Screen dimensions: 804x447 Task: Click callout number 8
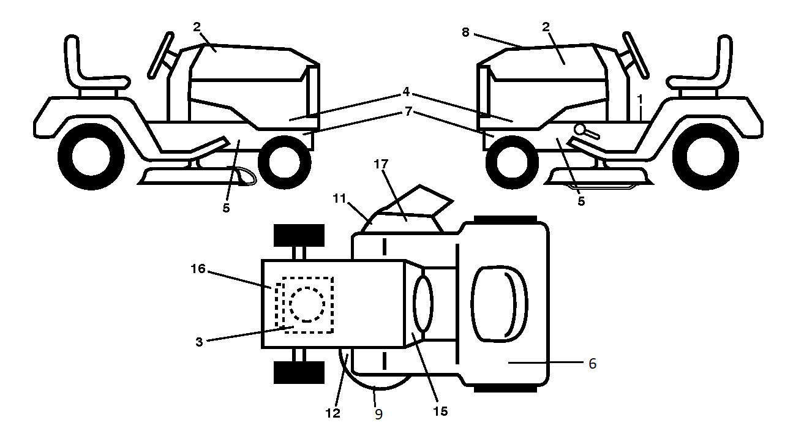tap(465, 32)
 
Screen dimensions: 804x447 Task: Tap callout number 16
tap(198, 269)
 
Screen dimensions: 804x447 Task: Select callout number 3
tap(199, 342)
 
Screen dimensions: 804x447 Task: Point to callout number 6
tap(592, 364)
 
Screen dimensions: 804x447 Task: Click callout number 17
tap(381, 164)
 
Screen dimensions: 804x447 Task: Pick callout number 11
tap(340, 198)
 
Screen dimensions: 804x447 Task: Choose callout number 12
tap(332, 413)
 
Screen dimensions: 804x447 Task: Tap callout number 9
tap(378, 415)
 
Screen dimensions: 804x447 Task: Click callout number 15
tap(440, 411)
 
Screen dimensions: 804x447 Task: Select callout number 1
tap(640, 99)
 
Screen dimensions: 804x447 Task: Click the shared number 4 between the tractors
tap(406, 92)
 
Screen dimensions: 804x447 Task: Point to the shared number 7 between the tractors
tap(408, 111)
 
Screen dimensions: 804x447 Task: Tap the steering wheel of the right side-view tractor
tap(636, 55)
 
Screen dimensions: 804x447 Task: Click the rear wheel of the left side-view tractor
tap(91, 157)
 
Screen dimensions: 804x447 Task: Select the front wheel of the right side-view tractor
tap(512, 162)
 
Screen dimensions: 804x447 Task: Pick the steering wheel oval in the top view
tap(423, 304)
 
